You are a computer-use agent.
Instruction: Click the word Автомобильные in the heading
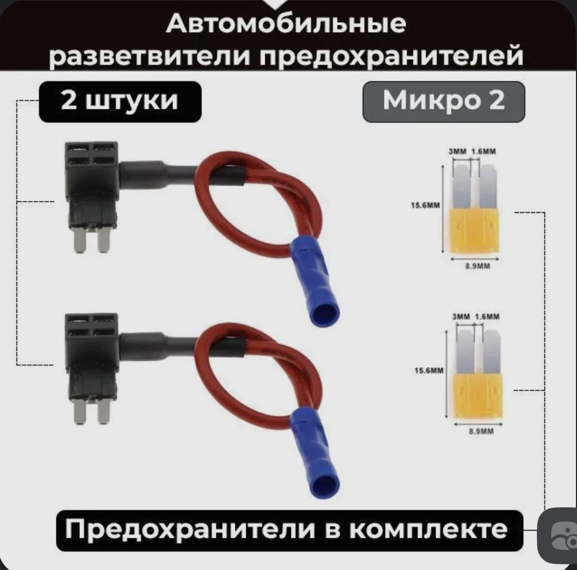point(286,24)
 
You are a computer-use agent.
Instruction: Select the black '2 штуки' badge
point(120,102)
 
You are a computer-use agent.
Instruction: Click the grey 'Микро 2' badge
point(444,102)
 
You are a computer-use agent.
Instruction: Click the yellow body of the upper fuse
point(475,231)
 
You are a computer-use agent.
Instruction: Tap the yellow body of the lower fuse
point(478,396)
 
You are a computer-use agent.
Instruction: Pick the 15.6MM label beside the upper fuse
point(426,205)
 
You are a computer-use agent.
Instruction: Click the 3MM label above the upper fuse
point(458,151)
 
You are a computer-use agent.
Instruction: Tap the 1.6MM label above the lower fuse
point(487,317)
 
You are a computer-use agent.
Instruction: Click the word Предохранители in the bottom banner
point(190,529)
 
